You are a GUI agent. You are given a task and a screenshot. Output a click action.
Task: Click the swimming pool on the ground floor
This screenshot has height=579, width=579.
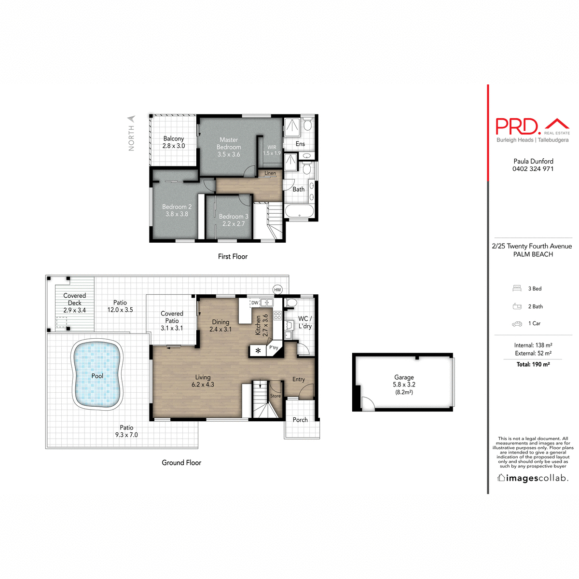97,375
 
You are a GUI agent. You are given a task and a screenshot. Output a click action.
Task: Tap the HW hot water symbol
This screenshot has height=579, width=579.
277,289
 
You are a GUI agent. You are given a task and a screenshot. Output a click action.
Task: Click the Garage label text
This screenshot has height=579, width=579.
404,377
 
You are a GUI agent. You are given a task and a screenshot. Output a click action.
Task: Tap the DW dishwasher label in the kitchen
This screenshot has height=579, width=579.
255,303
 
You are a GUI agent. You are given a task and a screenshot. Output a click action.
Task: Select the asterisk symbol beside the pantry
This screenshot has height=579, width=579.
258,351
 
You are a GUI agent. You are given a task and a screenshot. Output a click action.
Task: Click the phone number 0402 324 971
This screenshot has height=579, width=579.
533,169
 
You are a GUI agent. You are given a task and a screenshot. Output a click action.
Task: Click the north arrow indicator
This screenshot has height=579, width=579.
131,119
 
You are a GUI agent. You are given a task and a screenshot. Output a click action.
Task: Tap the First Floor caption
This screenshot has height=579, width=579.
233,257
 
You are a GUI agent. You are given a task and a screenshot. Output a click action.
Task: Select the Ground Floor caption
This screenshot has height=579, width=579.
181,463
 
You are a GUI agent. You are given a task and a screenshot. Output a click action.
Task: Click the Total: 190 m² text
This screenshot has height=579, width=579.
533,364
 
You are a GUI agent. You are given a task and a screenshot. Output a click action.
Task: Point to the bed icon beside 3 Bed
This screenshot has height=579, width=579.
517,289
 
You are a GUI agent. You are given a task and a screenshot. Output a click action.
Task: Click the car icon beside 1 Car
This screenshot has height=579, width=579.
517,324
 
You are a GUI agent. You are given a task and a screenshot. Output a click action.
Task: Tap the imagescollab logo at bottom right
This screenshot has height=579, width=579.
533,478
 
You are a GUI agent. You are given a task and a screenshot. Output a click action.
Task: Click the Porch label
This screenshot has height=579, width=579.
300,420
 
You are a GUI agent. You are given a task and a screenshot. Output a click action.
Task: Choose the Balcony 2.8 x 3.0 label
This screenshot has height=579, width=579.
174,142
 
